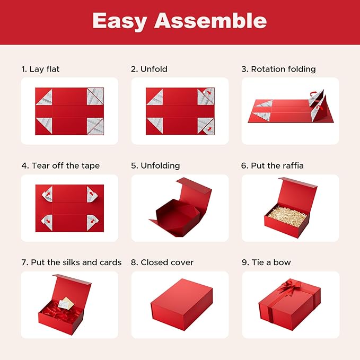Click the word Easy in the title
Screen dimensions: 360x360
(x=119, y=21)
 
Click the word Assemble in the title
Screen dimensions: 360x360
(x=210, y=21)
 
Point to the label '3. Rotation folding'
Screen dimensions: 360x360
(x=278, y=69)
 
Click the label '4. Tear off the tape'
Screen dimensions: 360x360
(x=60, y=165)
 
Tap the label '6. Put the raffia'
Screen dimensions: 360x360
(x=272, y=165)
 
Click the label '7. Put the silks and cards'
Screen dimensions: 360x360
(x=72, y=262)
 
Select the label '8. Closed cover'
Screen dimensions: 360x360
(x=162, y=262)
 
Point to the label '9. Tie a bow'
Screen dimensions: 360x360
(x=266, y=262)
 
